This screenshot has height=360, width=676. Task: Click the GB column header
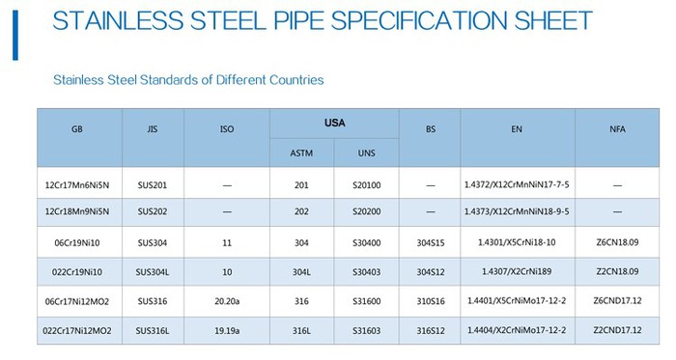coord(78,129)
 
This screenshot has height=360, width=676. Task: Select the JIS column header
coord(153,129)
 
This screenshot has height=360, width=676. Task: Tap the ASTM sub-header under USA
coord(301,153)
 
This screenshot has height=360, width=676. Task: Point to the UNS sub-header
coord(366,153)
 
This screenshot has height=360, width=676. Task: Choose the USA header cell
coord(334,124)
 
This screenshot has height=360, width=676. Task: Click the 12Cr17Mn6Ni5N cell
coord(78,184)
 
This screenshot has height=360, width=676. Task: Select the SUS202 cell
coord(153,210)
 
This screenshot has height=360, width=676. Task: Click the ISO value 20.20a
coord(226,302)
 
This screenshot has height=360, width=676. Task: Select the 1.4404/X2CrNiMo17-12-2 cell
coord(517,330)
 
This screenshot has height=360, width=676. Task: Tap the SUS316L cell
coord(153,330)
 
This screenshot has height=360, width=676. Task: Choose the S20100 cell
coord(366,184)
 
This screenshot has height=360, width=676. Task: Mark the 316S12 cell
coord(430,330)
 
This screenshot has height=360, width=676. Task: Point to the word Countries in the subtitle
coord(290,80)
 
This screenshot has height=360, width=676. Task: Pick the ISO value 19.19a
coord(226,330)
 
